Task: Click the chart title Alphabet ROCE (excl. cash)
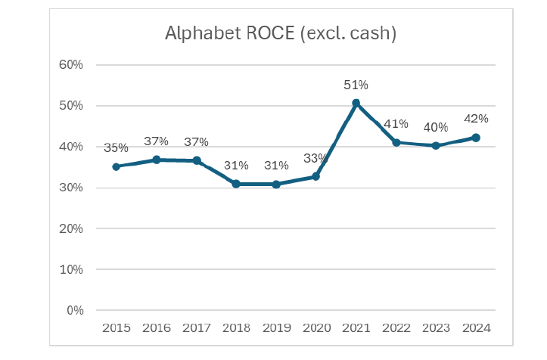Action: click(x=281, y=33)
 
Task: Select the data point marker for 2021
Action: click(x=356, y=103)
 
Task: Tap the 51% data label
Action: click(x=356, y=85)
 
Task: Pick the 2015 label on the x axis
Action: click(x=116, y=327)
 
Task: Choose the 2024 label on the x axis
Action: click(x=476, y=327)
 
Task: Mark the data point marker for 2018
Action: click(x=236, y=184)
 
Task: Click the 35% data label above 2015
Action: click(x=116, y=148)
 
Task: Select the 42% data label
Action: click(x=476, y=119)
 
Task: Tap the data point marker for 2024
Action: click(x=476, y=138)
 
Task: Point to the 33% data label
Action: click(x=315, y=158)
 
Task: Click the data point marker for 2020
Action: click(x=315, y=176)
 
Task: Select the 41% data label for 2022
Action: click(x=396, y=124)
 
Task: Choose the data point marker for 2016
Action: click(x=156, y=160)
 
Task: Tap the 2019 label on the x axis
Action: click(x=276, y=327)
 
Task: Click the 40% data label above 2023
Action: click(x=436, y=127)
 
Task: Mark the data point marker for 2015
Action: click(x=116, y=166)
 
